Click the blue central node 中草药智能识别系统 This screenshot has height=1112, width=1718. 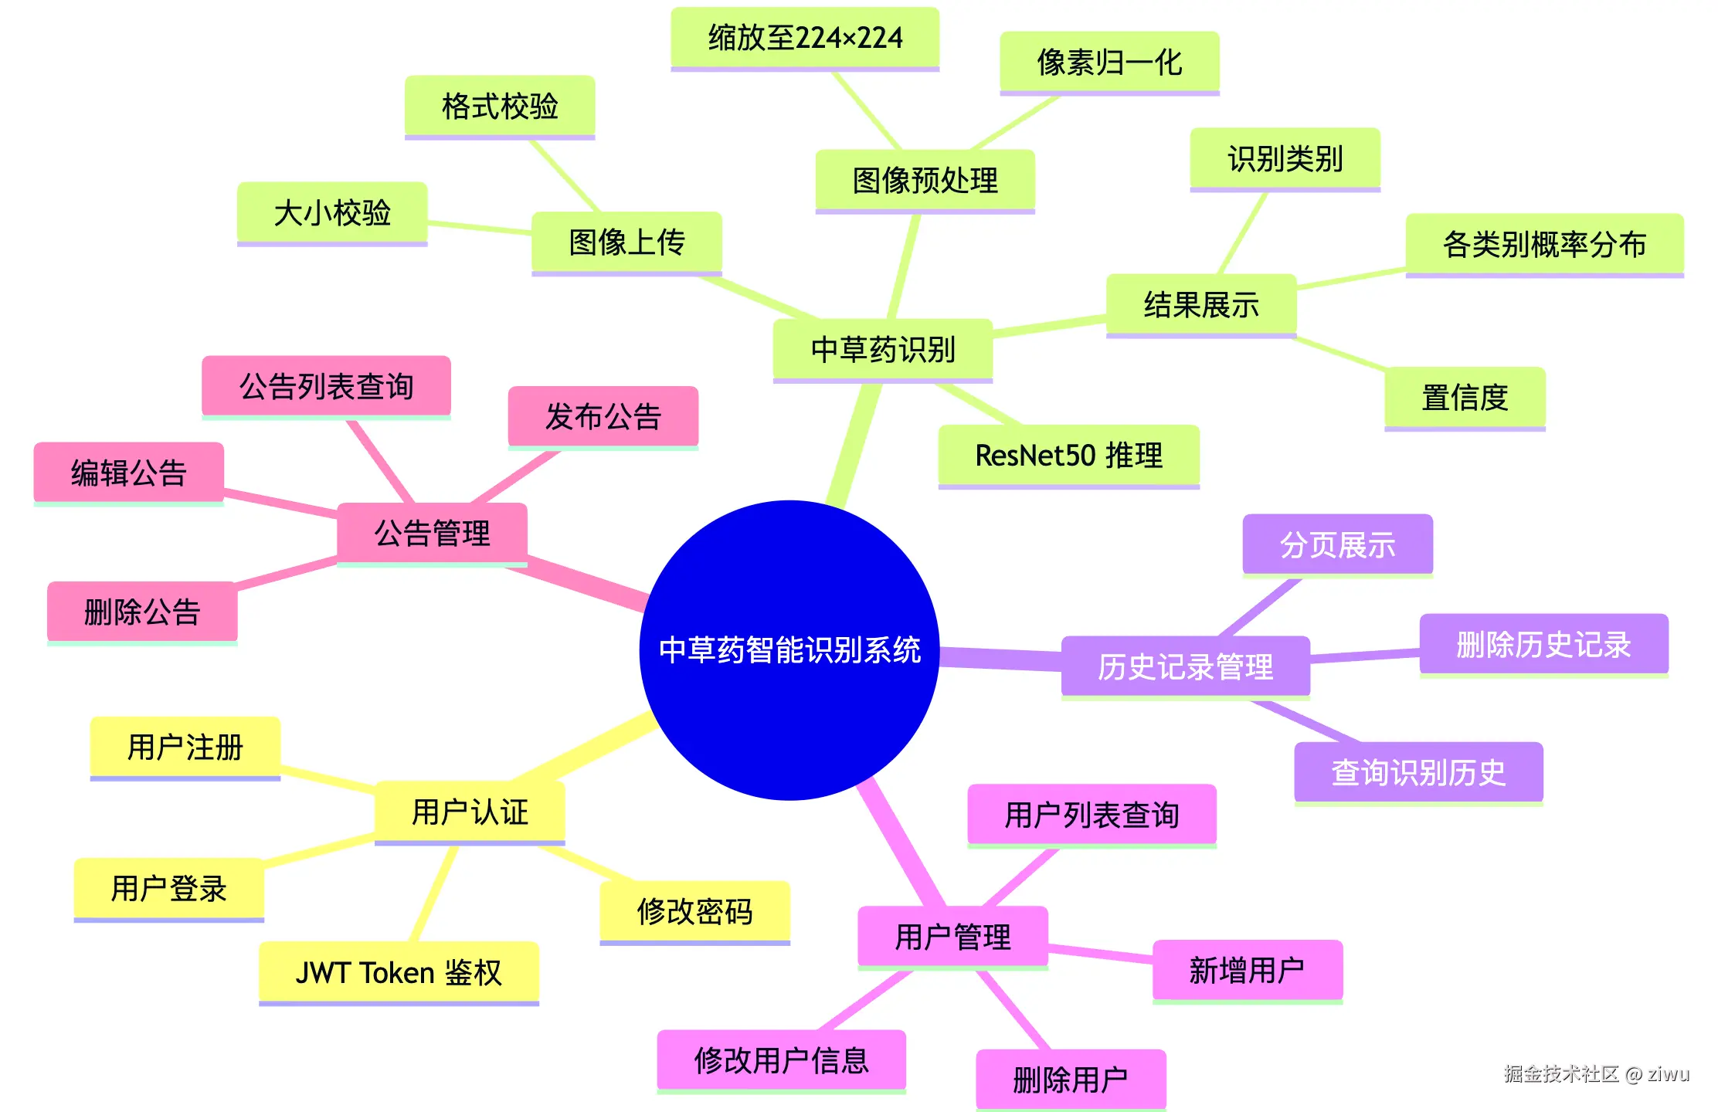coord(789,650)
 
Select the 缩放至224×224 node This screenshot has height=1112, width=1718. coord(805,38)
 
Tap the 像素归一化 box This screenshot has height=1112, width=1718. coord(1109,63)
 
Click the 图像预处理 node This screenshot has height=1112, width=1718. coord(925,181)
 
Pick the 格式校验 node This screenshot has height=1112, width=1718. coord(500,107)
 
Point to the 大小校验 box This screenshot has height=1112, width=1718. coord(332,213)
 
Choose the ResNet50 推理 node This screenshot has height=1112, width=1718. coord(1068,456)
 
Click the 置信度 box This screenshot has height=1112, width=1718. coord(1465,398)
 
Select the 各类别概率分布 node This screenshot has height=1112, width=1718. coord(1544,245)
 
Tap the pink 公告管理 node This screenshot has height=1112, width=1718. coord(432,534)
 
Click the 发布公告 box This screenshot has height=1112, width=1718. coord(603,417)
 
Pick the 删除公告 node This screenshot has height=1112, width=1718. coord(142,612)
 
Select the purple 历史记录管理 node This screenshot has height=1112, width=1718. coord(1185,666)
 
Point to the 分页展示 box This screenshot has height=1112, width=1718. coord(1337,545)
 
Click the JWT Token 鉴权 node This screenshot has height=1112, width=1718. coord(399,973)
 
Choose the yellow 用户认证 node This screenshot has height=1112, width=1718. coord(470,812)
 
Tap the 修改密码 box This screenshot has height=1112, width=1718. coord(694,912)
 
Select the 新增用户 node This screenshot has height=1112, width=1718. coord(1247,971)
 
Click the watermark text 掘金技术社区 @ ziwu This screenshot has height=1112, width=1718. coord(1596,1074)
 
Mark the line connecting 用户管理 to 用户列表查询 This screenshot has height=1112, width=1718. coord(1020,878)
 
